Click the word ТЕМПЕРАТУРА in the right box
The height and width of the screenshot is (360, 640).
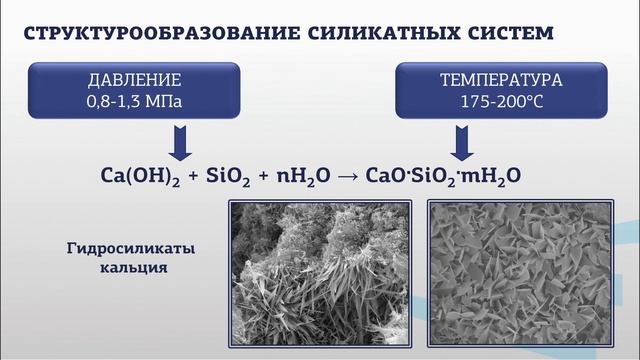(501, 80)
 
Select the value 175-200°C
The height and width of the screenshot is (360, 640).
(501, 101)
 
